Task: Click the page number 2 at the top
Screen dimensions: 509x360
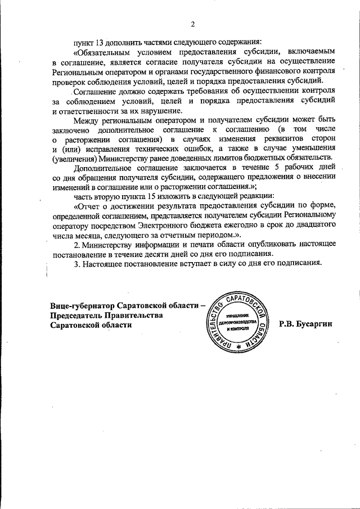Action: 192,24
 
